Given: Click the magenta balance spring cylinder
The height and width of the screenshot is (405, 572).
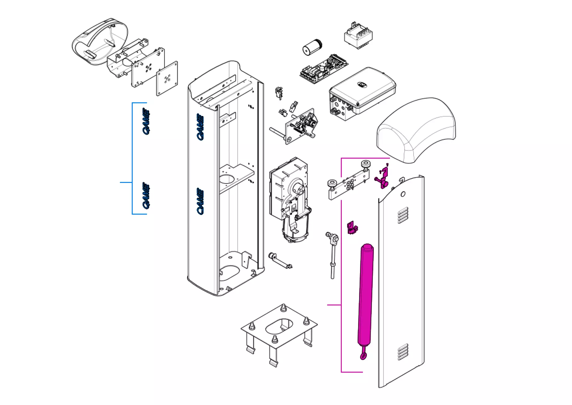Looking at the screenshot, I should pos(365,296).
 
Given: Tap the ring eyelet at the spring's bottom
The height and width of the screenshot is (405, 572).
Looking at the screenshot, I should pos(363,356).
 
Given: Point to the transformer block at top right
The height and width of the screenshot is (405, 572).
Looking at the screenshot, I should pos(359,36).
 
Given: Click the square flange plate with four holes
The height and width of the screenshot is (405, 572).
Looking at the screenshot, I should pos(167,78).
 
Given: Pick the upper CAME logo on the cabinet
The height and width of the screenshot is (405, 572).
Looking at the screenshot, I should pos(201,127).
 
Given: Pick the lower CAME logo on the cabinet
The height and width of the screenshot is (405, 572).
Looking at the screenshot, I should pos(201,201).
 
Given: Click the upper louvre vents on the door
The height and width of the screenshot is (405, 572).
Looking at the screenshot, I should pos(402,215).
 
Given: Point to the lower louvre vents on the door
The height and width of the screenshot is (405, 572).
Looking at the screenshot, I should pos(403,351).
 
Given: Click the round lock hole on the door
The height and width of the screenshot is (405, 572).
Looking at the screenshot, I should pos(403,194).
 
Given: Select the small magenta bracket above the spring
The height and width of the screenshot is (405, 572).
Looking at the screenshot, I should pos(352,227).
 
